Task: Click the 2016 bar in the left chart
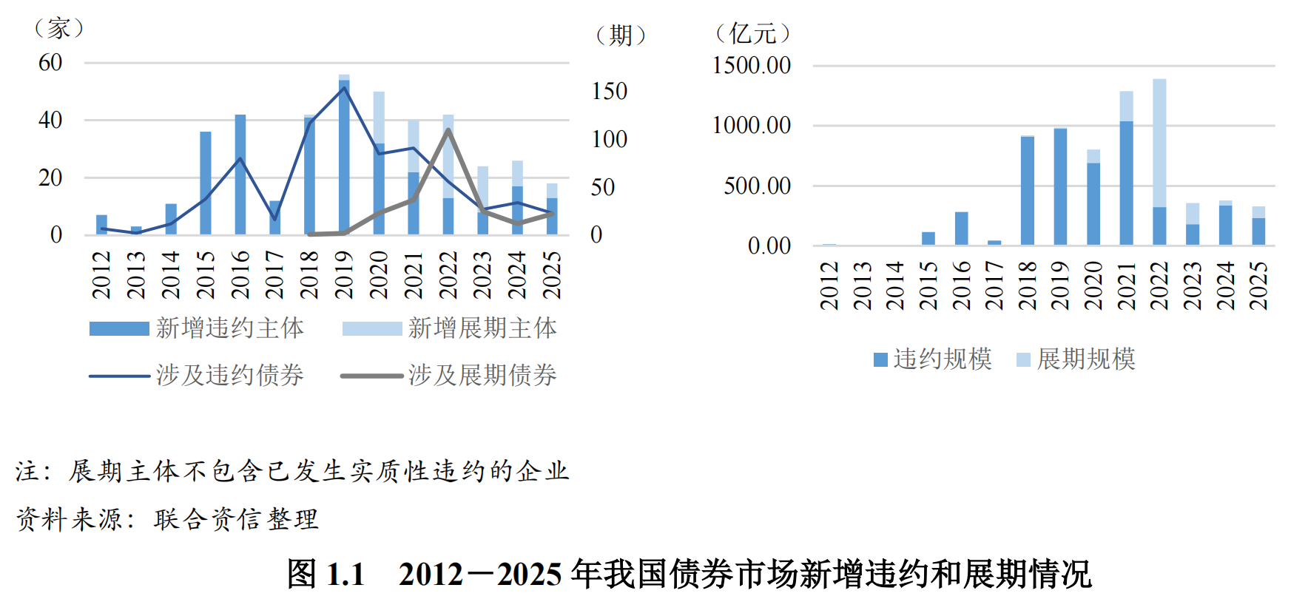240,175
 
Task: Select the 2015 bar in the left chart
206,183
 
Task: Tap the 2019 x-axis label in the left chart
344,275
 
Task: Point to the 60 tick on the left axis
50,63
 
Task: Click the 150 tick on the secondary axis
609,92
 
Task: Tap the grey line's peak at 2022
448,130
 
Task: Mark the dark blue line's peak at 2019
344,88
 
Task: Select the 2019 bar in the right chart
1060,186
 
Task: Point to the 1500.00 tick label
751,66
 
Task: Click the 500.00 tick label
757,186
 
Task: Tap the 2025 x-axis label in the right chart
1258,285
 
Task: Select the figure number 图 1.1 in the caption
326,575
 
